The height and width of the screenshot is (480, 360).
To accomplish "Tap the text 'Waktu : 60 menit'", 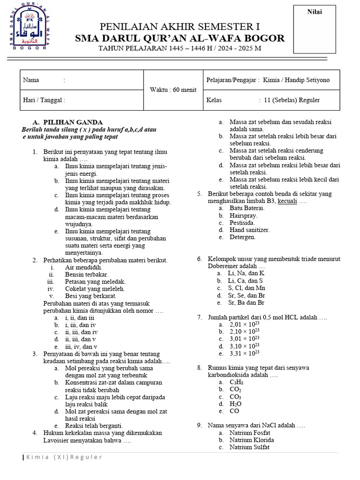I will coord(173,90).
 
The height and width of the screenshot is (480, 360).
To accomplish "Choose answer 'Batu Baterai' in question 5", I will coord(247,208).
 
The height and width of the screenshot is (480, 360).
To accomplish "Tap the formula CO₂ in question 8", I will coord(235,389).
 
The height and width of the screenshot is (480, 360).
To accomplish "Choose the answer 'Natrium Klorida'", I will coord(252,440).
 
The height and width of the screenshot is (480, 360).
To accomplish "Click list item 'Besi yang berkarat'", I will coord(91,296).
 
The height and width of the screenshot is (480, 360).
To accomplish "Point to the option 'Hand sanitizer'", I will coord(249,230).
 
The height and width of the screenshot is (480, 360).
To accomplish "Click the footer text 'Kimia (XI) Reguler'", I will coord(64,457).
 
